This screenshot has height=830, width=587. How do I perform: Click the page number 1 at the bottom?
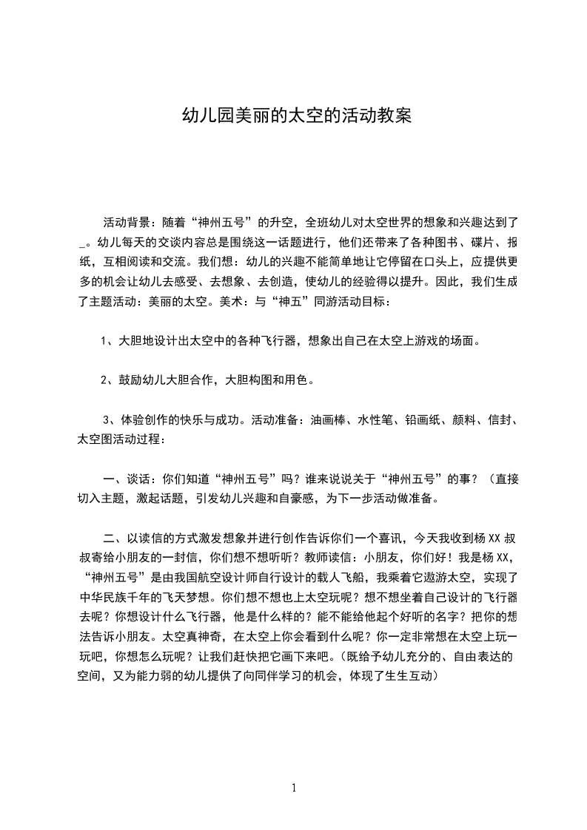pyautogui.click(x=294, y=787)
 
